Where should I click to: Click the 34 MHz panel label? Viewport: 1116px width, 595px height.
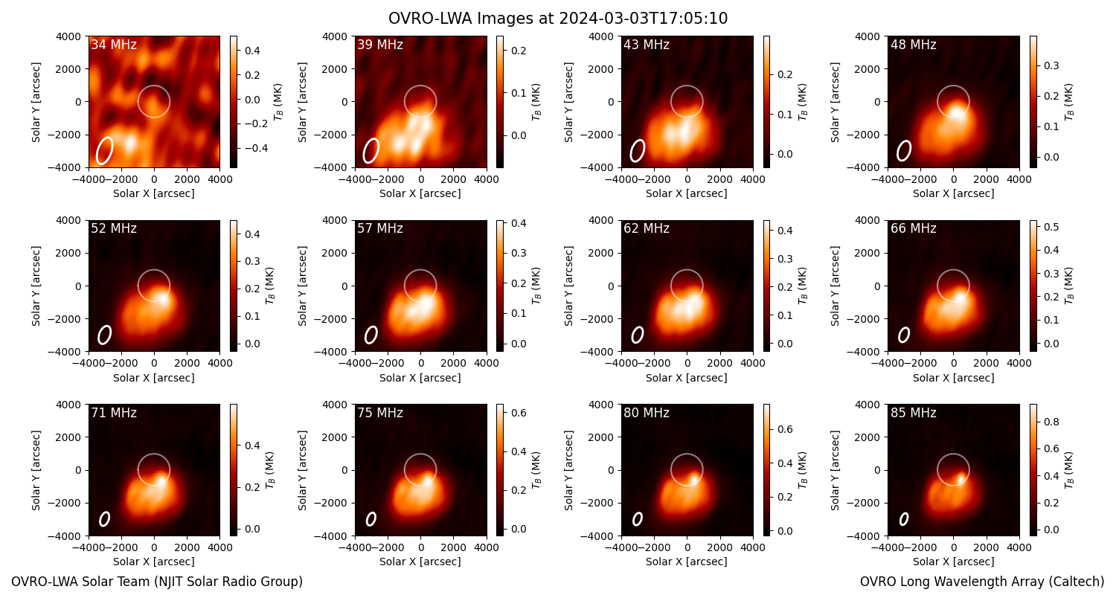[114, 45]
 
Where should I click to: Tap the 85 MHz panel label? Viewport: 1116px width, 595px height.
[913, 413]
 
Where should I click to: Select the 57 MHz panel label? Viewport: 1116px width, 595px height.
[380, 228]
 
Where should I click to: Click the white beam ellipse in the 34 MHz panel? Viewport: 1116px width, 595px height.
[105, 150]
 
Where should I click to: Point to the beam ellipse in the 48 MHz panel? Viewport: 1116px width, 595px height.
[904, 150]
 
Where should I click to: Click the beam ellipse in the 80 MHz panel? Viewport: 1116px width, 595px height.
[637, 519]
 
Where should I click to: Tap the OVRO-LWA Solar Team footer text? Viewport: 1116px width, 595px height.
[157, 582]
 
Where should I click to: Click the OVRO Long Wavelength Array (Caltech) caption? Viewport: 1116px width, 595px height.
[982, 582]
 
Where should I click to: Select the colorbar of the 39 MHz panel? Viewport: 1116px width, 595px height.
[500, 102]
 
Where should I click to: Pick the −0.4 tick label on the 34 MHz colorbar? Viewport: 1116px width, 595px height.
[255, 148]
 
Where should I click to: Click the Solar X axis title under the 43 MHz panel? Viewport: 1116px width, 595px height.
[687, 193]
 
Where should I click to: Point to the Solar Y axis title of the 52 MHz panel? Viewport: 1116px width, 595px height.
[36, 286]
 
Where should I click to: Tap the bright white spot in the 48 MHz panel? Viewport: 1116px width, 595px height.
[956, 109]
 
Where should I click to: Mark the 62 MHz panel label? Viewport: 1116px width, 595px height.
[647, 228]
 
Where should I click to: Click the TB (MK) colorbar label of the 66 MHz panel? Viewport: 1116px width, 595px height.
[1068, 286]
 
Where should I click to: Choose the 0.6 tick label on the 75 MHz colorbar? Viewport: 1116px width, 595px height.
[519, 413]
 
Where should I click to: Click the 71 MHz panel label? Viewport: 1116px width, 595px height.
[114, 413]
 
